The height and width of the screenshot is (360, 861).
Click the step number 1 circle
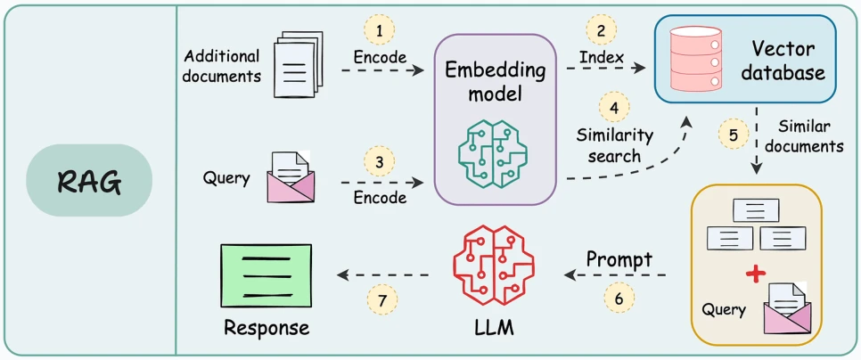[380, 30]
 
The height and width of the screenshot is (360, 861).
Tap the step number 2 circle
[602, 29]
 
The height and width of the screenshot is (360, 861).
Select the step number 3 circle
[380, 163]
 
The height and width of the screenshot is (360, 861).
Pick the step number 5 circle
[733, 135]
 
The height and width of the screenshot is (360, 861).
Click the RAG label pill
[89, 180]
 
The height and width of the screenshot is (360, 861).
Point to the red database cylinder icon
[696, 59]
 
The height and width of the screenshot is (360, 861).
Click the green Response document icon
[266, 276]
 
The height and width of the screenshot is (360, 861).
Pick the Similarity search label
[614, 145]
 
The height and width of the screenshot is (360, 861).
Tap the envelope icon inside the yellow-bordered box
[787, 307]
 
